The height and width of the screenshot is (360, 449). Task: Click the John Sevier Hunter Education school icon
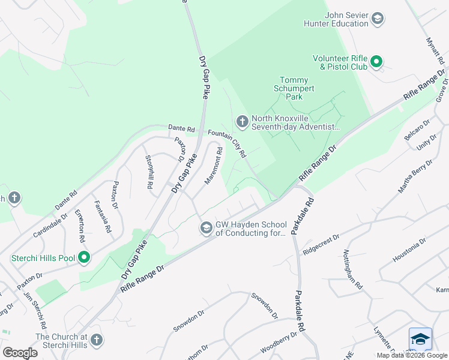(378, 19)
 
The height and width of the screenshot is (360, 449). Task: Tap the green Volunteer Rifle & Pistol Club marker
(376, 62)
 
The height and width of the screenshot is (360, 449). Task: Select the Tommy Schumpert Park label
(294, 88)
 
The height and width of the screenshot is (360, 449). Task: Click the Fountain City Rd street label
(228, 144)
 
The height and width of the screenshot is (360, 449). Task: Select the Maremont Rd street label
(213, 166)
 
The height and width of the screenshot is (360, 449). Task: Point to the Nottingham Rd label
(354, 270)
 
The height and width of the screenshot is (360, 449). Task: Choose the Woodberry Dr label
(279, 344)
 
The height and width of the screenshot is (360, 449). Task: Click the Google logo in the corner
(20, 352)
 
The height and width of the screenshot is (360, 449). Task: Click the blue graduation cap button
(420, 339)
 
